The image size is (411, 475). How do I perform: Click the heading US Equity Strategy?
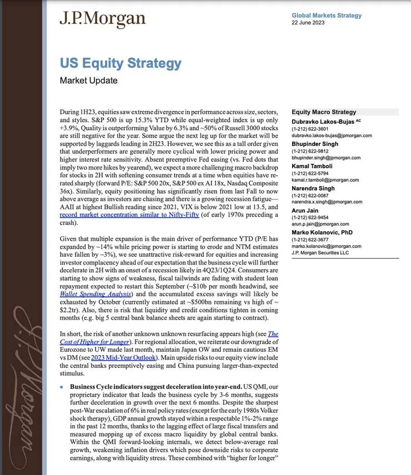pyautogui.click(x=121, y=63)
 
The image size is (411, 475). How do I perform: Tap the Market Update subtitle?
pyautogui.click(x=88, y=80)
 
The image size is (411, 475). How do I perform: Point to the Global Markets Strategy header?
pyautogui.click(x=327, y=16)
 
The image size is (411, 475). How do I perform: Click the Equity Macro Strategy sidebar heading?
pyautogui.click(x=324, y=112)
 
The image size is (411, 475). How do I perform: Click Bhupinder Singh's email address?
pyautogui.click(x=326, y=158)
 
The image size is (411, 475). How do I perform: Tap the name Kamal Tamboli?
pyautogui.click(x=314, y=166)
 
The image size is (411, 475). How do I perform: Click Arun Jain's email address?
pyautogui.click(x=320, y=225)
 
